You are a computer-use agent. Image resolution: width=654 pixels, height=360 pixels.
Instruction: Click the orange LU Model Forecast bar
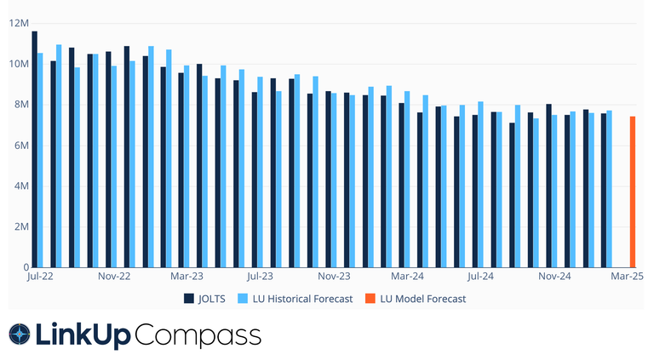[x=633, y=192]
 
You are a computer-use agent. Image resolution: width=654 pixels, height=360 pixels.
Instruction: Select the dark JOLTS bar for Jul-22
[x=34, y=150]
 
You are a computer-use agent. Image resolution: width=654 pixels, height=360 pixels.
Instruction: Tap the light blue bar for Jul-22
[x=41, y=161]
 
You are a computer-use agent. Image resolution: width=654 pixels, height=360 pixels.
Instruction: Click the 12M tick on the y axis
[x=19, y=23]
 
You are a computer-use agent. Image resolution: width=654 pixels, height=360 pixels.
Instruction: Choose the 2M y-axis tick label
[x=21, y=227]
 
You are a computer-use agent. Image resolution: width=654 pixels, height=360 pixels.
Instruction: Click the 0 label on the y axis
[x=26, y=267]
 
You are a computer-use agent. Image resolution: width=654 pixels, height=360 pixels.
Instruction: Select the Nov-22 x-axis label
[x=113, y=277]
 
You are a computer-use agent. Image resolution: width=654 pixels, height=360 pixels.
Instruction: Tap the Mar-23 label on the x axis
[x=186, y=277]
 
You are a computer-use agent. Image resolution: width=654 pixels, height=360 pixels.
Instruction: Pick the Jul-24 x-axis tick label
[x=480, y=277]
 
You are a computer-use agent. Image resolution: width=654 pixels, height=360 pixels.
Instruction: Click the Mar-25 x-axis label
[x=627, y=277]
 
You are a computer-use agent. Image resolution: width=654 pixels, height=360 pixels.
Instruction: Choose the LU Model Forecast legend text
[x=422, y=299]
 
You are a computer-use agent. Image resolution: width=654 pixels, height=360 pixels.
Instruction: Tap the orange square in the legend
[x=369, y=299]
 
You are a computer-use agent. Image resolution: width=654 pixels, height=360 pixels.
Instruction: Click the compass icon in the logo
[x=19, y=335]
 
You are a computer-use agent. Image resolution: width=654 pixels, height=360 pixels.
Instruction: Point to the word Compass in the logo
[x=198, y=335]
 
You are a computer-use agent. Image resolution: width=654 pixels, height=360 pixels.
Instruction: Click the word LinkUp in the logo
[x=83, y=335]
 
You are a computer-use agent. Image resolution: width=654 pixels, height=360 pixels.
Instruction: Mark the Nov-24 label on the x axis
[x=554, y=277]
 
